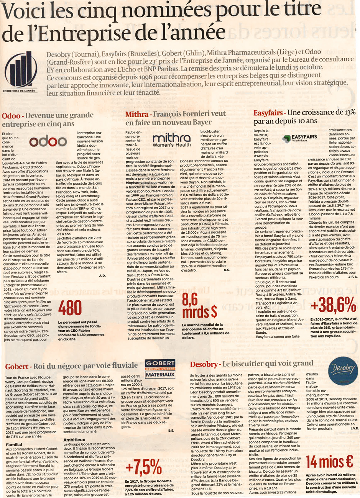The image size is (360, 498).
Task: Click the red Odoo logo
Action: point(48,142)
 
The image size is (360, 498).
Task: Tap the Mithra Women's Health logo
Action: point(171,141)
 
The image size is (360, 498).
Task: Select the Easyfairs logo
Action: point(299,138)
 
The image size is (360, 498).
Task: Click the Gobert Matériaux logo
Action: point(160,369)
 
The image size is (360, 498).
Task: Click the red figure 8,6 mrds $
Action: point(199,306)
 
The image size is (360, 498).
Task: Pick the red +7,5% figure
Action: point(144,467)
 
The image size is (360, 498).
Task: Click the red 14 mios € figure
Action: point(329,462)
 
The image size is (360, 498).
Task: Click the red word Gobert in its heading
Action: point(16,367)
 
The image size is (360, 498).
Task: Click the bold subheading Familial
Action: point(14,445)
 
